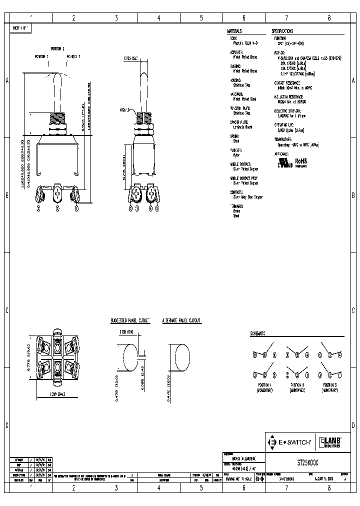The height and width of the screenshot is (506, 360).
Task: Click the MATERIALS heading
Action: coord(234,30)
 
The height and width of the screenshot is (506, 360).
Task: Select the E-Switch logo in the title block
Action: coord(290,442)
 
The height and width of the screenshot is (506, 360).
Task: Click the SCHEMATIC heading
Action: coord(257,333)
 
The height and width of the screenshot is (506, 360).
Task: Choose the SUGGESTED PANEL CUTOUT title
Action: coord(130,320)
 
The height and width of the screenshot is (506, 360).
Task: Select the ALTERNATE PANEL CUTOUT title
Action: coord(181,320)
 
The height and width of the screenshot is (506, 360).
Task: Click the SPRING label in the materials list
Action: coord(234,136)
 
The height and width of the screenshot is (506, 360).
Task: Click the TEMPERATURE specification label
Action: coord(284,139)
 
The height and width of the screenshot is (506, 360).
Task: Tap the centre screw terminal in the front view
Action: coord(58,192)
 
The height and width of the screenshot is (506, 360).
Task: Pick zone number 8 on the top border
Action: coord(329,17)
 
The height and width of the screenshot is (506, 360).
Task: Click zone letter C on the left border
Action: coord(6,310)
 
